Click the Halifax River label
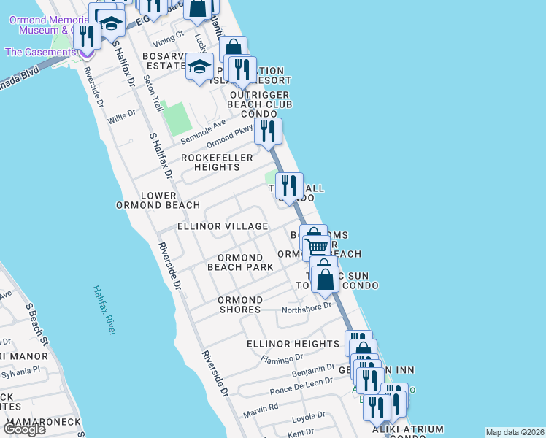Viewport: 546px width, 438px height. pos(104,310)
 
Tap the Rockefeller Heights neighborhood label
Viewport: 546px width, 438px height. pos(217,162)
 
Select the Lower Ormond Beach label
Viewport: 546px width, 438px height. pos(147,201)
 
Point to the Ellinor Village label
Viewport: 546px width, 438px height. pos(223,226)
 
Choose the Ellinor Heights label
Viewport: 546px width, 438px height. pos(293,344)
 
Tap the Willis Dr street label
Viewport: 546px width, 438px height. pos(121,115)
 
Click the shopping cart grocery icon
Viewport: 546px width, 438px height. pos(316,247)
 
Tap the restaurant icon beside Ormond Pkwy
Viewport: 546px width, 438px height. pos(268,131)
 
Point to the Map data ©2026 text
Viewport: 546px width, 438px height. pos(515,432)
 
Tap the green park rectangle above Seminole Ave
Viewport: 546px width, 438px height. pos(175,118)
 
